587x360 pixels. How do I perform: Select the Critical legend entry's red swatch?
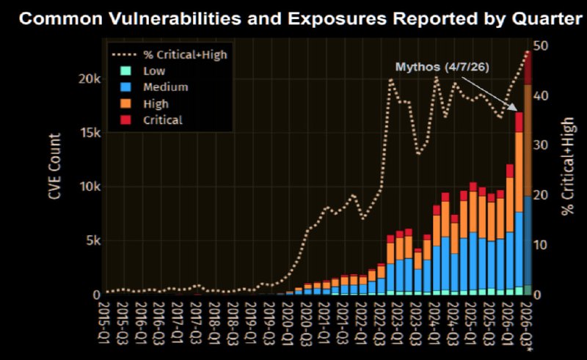point(126,120)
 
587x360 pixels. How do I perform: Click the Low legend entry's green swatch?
point(126,70)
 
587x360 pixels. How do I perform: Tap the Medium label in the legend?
point(166,87)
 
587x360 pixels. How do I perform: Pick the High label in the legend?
point(156,103)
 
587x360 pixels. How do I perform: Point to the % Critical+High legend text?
point(185,55)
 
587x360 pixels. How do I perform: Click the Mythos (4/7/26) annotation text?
point(442,67)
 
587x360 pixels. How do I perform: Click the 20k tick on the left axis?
point(89,79)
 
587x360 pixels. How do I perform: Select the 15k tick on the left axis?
point(89,133)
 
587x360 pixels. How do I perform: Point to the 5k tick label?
point(92,240)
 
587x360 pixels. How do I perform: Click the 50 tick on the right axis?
point(541,45)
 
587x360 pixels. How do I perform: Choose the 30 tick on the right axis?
point(541,145)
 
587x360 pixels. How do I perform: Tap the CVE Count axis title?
point(54,166)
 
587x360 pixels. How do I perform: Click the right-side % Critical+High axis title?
point(567,166)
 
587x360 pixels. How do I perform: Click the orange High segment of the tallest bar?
point(528,140)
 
